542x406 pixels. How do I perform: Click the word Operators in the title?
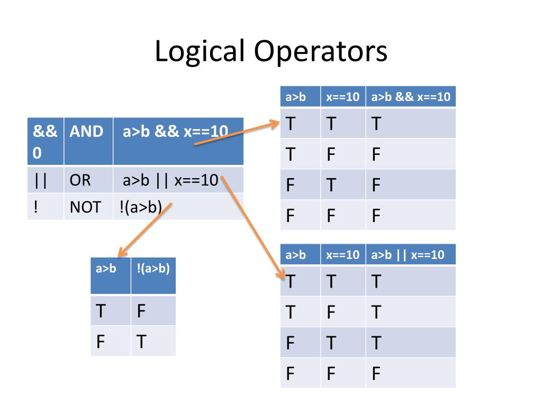coord(320,52)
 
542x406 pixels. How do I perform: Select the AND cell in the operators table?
coord(87,132)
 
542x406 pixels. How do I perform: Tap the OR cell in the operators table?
coord(80,181)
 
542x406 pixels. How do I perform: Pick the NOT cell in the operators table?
coord(85,207)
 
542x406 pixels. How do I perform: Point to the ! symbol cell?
coord(35,207)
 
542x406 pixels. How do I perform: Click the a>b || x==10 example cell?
coord(170,181)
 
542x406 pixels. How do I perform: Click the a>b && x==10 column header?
coord(411,97)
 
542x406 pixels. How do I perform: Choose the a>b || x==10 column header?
coord(408,255)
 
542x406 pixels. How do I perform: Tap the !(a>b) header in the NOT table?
coord(153,268)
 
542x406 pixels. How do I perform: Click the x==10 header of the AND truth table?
coord(342,97)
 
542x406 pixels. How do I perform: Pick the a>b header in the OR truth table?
coord(296,255)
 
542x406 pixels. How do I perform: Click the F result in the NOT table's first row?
coord(141,311)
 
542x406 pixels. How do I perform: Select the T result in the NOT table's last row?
coord(141,342)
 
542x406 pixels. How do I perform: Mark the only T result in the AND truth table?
coord(376,124)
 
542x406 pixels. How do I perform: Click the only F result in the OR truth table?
coord(376,373)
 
